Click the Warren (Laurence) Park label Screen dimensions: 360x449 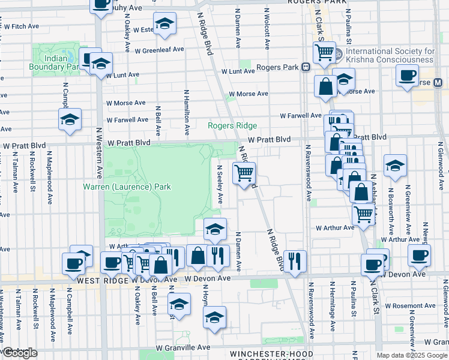[127, 187]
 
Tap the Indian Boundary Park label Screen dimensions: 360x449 [54, 62]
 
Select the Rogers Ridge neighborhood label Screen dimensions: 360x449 [232, 126]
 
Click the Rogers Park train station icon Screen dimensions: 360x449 [306, 67]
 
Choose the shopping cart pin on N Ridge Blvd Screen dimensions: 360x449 [244, 173]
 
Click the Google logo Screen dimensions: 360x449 [20, 353]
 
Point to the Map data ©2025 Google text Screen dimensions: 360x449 [411, 355]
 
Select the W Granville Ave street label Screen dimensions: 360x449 [183, 347]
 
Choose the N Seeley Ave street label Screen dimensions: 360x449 [220, 184]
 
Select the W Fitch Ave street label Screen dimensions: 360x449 [21, 27]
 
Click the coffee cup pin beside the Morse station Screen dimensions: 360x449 [408, 76]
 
